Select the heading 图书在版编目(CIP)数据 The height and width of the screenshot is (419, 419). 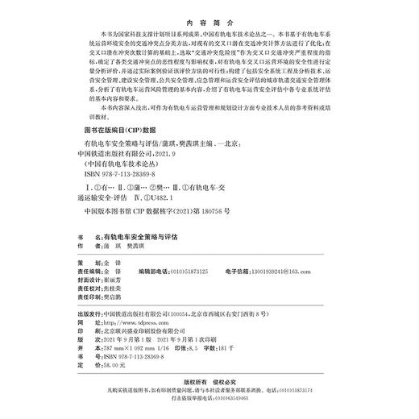[120, 129]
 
